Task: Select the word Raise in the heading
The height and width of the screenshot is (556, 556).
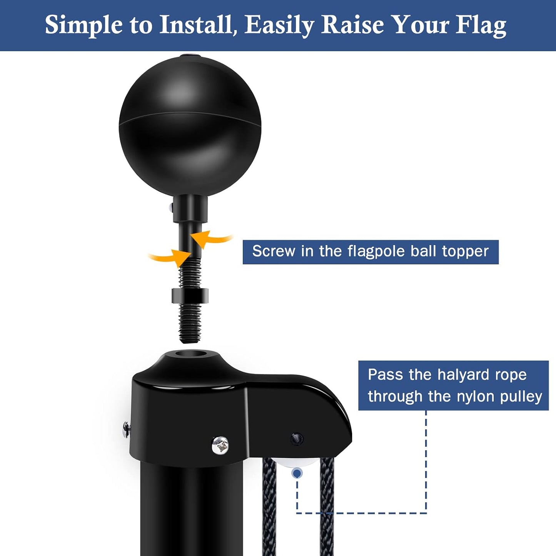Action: click(x=352, y=25)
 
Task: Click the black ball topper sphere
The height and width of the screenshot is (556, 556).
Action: click(x=190, y=125)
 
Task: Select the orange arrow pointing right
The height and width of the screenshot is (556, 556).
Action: click(x=170, y=257)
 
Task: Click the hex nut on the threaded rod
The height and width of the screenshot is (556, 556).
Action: click(x=190, y=296)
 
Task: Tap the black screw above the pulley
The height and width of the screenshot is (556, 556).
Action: click(x=297, y=439)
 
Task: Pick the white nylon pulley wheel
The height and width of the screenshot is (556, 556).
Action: click(x=297, y=462)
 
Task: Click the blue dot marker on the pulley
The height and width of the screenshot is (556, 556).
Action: click(x=297, y=473)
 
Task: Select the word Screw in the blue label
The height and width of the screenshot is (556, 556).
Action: click(x=274, y=251)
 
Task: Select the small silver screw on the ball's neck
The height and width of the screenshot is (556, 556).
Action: click(x=171, y=207)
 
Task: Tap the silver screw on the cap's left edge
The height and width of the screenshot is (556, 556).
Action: click(x=126, y=430)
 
